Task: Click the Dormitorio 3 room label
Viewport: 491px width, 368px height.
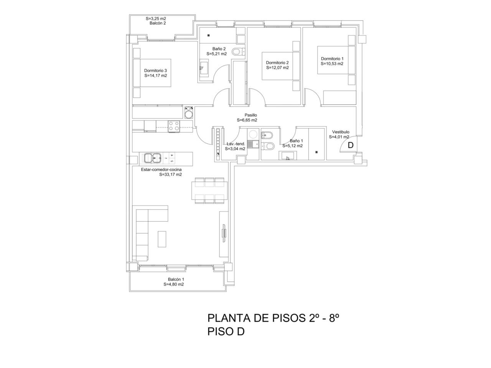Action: (x=155, y=71)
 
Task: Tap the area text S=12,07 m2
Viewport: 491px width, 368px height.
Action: (x=277, y=68)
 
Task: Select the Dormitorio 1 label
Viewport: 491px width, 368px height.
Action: (x=332, y=59)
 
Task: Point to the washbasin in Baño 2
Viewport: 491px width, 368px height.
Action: (x=204, y=68)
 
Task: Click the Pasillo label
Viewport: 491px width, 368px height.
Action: (x=250, y=115)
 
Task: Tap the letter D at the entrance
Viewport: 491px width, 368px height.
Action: (x=351, y=145)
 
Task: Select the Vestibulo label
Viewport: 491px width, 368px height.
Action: (x=341, y=132)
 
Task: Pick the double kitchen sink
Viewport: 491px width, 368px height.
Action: (x=153, y=158)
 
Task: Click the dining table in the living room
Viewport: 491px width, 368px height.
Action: (x=209, y=191)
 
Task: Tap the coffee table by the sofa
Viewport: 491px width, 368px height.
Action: (x=162, y=239)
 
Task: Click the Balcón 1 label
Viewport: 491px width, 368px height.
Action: (x=176, y=279)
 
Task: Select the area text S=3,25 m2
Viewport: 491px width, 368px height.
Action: (x=156, y=18)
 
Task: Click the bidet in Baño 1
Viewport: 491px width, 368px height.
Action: (x=266, y=135)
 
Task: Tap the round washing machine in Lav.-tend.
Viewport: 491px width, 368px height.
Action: (x=253, y=134)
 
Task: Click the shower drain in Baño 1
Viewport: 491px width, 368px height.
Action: (x=316, y=152)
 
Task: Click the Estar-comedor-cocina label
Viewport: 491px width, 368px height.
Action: (x=161, y=169)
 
